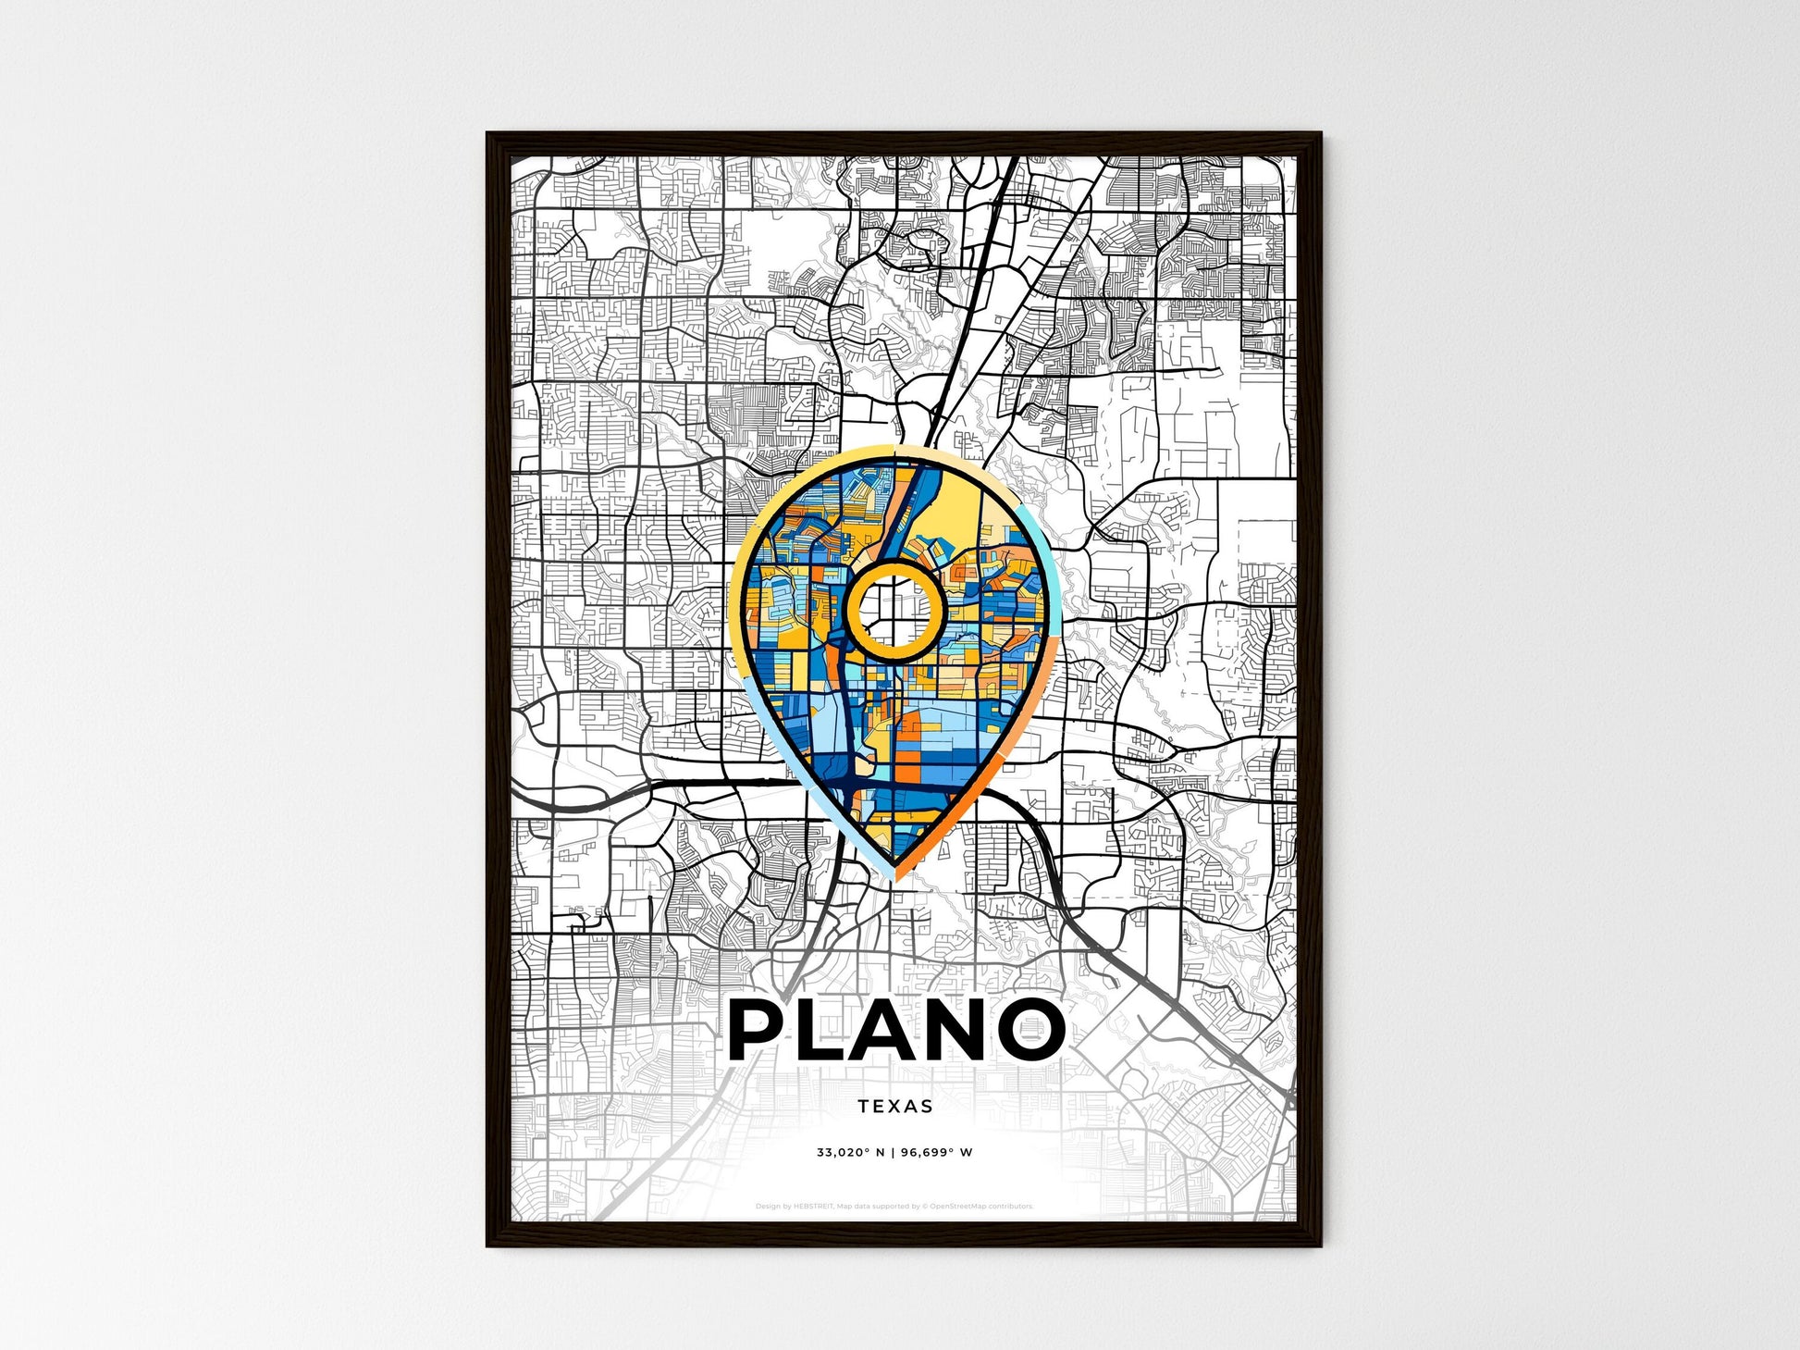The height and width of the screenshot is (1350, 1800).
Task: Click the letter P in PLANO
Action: pos(764,1029)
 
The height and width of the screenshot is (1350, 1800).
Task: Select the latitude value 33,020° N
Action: pos(850,1153)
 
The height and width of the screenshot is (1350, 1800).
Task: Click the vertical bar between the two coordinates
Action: pos(894,1153)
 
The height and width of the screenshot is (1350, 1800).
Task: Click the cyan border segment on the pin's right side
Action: pos(1048,555)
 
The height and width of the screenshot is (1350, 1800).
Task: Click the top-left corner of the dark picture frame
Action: pos(488,134)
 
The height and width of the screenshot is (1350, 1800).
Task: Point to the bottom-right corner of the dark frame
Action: pos(1320,1245)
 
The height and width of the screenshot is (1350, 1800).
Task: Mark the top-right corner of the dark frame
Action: pos(1320,134)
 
